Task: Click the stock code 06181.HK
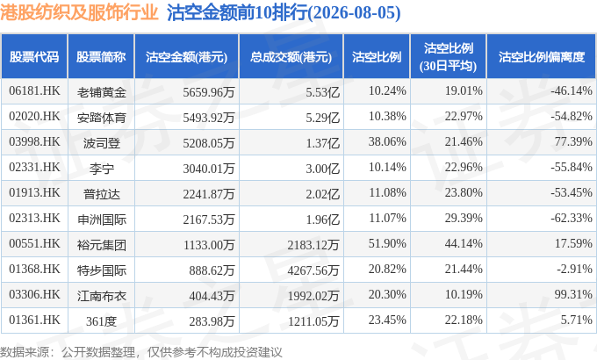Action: [x=34, y=91]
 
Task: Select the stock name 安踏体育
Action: [x=101, y=118]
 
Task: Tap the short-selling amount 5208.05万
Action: [x=209, y=143]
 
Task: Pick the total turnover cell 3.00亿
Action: [x=322, y=169]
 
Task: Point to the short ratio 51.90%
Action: [x=387, y=243]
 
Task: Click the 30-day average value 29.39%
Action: [x=464, y=218]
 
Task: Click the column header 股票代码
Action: [x=34, y=57]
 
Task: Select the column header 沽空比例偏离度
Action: [x=542, y=57]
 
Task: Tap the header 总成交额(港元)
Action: [x=291, y=57]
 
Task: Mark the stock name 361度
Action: [x=101, y=321]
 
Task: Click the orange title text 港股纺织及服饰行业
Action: [x=79, y=12]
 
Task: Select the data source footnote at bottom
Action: [x=141, y=352]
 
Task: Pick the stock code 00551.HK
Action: [x=34, y=243]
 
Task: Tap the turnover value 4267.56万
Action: [x=313, y=270]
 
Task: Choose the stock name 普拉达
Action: [x=101, y=194]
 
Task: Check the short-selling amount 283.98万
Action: [x=212, y=321]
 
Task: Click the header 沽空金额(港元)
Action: [x=186, y=57]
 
